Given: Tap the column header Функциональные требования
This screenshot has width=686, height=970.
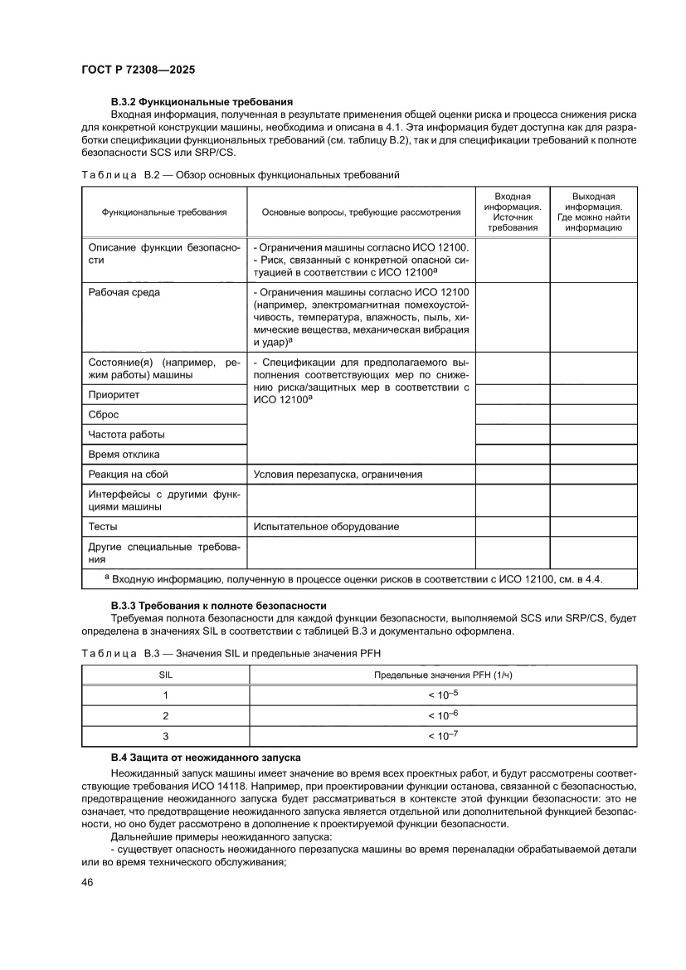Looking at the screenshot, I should (164, 212).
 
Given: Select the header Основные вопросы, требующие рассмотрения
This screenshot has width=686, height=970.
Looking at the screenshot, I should (361, 212).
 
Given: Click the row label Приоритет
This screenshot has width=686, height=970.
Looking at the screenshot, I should (114, 395).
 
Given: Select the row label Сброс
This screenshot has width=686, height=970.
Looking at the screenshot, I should (105, 415).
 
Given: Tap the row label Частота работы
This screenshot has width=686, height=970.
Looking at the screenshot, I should (126, 435).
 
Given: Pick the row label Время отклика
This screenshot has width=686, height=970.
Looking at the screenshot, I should (124, 455).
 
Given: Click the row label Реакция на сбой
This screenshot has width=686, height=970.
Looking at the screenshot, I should (128, 475).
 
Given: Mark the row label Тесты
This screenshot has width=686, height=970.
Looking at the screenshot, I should (103, 527).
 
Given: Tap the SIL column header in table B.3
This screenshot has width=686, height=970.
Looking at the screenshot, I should (166, 675).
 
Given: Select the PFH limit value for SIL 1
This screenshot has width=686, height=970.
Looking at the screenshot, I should (443, 695).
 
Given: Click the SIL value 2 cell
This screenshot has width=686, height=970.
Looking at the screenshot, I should (166, 715).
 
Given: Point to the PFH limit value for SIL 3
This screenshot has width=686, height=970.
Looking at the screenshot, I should (443, 736).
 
